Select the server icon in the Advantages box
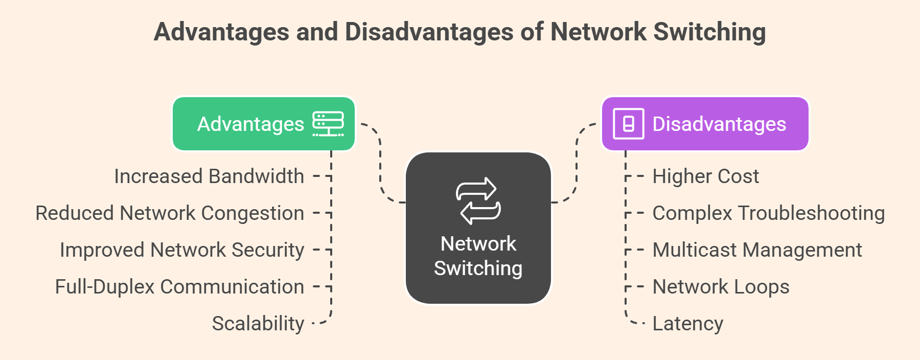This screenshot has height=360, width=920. coord(328,124)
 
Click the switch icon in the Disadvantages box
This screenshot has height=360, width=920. coord(628,124)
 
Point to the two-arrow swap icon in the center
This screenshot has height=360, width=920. coord(478,200)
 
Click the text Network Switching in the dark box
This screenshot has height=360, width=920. coord(478,256)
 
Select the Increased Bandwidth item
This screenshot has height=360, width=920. coord(209,176)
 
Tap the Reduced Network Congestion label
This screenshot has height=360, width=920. coord(170,213)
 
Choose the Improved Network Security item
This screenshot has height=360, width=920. coord(182,250)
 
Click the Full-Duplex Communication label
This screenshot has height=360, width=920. coord(179,287)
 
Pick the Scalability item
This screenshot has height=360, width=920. coord(258,324)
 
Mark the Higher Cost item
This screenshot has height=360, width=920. coord(705,176)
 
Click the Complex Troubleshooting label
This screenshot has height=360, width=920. coord(768,213)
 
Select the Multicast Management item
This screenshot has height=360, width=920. coord(757,250)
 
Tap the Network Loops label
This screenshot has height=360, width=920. coord(721,287)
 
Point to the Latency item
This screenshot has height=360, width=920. coord(687,324)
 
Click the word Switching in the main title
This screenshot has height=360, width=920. coord(709,32)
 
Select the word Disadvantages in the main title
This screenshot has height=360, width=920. coord(429,32)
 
